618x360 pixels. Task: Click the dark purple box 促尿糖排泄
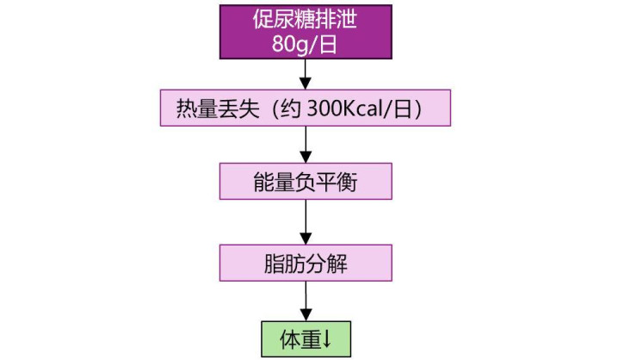[x=306, y=32]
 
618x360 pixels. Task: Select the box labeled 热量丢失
[x=306, y=109]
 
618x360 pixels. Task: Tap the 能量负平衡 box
[x=306, y=183]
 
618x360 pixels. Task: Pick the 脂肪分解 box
[x=306, y=261]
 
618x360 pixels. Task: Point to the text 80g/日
[x=306, y=45]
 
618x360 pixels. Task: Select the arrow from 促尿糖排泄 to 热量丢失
[x=306, y=75]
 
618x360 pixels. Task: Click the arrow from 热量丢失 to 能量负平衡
[x=306, y=145]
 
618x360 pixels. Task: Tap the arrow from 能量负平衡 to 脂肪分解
[x=306, y=222]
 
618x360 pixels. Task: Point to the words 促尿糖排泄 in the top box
[x=306, y=18]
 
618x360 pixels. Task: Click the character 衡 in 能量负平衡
[x=337, y=183]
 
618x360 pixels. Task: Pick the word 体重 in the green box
[x=300, y=338]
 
